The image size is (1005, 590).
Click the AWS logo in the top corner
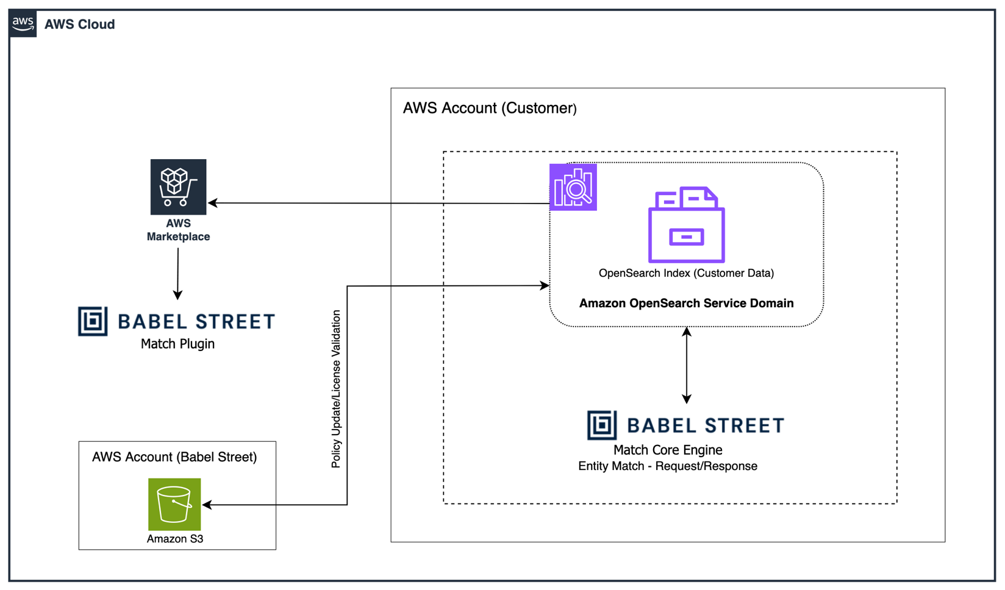pyautogui.click(x=23, y=24)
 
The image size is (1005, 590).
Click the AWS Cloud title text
pyautogui.click(x=79, y=24)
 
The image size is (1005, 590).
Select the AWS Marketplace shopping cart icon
pyautogui.click(x=178, y=187)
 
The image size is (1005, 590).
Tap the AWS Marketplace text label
pyautogui.click(x=178, y=230)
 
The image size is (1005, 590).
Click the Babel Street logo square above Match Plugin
pyautogui.click(x=93, y=321)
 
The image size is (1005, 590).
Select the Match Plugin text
pyautogui.click(x=177, y=344)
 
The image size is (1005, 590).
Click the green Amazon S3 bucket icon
pyautogui.click(x=174, y=504)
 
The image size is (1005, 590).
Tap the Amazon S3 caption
pyautogui.click(x=175, y=539)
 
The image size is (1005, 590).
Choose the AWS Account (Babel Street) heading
pyautogui.click(x=174, y=457)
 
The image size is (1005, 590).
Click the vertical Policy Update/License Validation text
pyautogui.click(x=336, y=389)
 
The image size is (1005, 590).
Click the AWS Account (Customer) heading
pyautogui.click(x=490, y=108)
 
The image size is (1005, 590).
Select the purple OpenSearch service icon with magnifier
pyautogui.click(x=573, y=187)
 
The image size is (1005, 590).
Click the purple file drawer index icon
pyautogui.click(x=686, y=225)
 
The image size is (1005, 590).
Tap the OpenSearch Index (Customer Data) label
pyautogui.click(x=686, y=273)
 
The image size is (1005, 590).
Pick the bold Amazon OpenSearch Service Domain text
pyautogui.click(x=686, y=304)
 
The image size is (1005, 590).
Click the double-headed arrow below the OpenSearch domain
pyautogui.click(x=687, y=366)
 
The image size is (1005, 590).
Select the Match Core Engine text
pyautogui.click(x=668, y=450)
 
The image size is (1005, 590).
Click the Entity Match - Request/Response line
pyautogui.click(x=668, y=466)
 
